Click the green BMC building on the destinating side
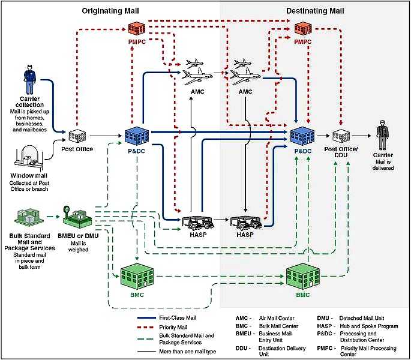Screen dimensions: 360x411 (302, 274)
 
